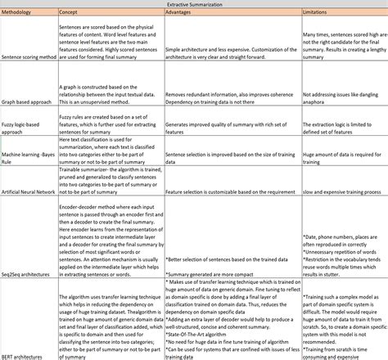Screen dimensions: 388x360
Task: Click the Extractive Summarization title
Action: coord(193,4)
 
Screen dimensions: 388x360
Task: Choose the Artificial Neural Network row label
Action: coord(29,191)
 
